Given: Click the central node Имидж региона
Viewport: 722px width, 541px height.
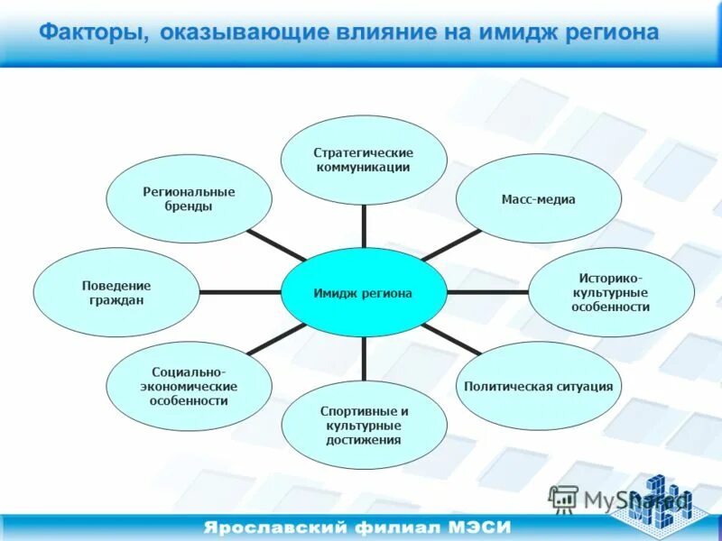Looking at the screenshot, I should (364, 293).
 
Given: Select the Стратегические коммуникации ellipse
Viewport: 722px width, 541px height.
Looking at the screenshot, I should (364, 160).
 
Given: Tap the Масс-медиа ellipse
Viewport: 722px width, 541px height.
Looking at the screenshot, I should (538, 199).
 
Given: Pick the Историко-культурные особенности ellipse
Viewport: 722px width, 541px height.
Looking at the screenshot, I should (611, 293).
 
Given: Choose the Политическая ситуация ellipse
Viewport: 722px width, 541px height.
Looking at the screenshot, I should (538, 386).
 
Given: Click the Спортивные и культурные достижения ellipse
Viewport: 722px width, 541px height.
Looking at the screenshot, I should (364, 425).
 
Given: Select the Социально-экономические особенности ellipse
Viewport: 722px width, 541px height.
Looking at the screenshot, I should (190, 386).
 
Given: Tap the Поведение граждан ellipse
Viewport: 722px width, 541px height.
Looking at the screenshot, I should (116, 293).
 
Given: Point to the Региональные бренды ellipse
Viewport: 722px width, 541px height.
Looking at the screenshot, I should (190, 199).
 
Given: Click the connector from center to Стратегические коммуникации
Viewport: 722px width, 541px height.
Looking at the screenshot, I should (364, 226).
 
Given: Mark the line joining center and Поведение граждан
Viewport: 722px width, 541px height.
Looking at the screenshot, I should (240, 292).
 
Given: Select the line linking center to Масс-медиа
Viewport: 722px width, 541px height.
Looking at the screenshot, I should (451, 245).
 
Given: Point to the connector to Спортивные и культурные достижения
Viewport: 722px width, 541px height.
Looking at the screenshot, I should (364, 358).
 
